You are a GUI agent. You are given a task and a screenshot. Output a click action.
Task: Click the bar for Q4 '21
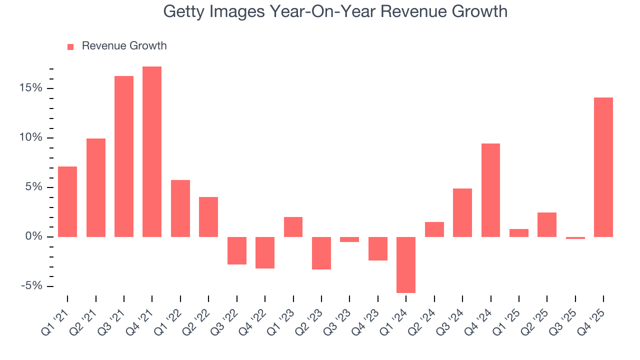coord(152,151)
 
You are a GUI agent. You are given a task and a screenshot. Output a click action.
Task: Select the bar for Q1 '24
coord(406,264)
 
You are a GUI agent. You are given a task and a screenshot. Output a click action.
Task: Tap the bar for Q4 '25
coord(603,167)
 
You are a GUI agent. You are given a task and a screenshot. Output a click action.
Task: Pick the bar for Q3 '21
coord(124,156)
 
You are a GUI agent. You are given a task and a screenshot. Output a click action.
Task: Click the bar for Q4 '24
coord(490,190)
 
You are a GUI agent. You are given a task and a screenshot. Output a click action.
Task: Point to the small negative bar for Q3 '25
coord(575,238)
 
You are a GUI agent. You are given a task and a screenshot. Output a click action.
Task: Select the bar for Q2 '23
coord(321,253)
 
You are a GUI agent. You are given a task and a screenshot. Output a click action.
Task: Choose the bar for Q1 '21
coord(67,201)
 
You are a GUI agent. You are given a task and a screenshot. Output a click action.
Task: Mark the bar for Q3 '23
coord(349,239)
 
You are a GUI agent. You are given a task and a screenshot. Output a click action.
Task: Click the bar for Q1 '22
coord(180,208)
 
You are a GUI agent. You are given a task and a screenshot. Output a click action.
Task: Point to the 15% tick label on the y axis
coord(32,88)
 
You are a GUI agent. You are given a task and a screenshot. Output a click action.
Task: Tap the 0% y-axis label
coord(35,236)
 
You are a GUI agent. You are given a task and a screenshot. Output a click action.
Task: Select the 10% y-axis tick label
coord(32,138)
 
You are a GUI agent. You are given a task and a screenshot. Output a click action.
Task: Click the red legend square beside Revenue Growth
coord(70,46)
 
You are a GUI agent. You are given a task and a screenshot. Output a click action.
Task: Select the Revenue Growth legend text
coord(124,46)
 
